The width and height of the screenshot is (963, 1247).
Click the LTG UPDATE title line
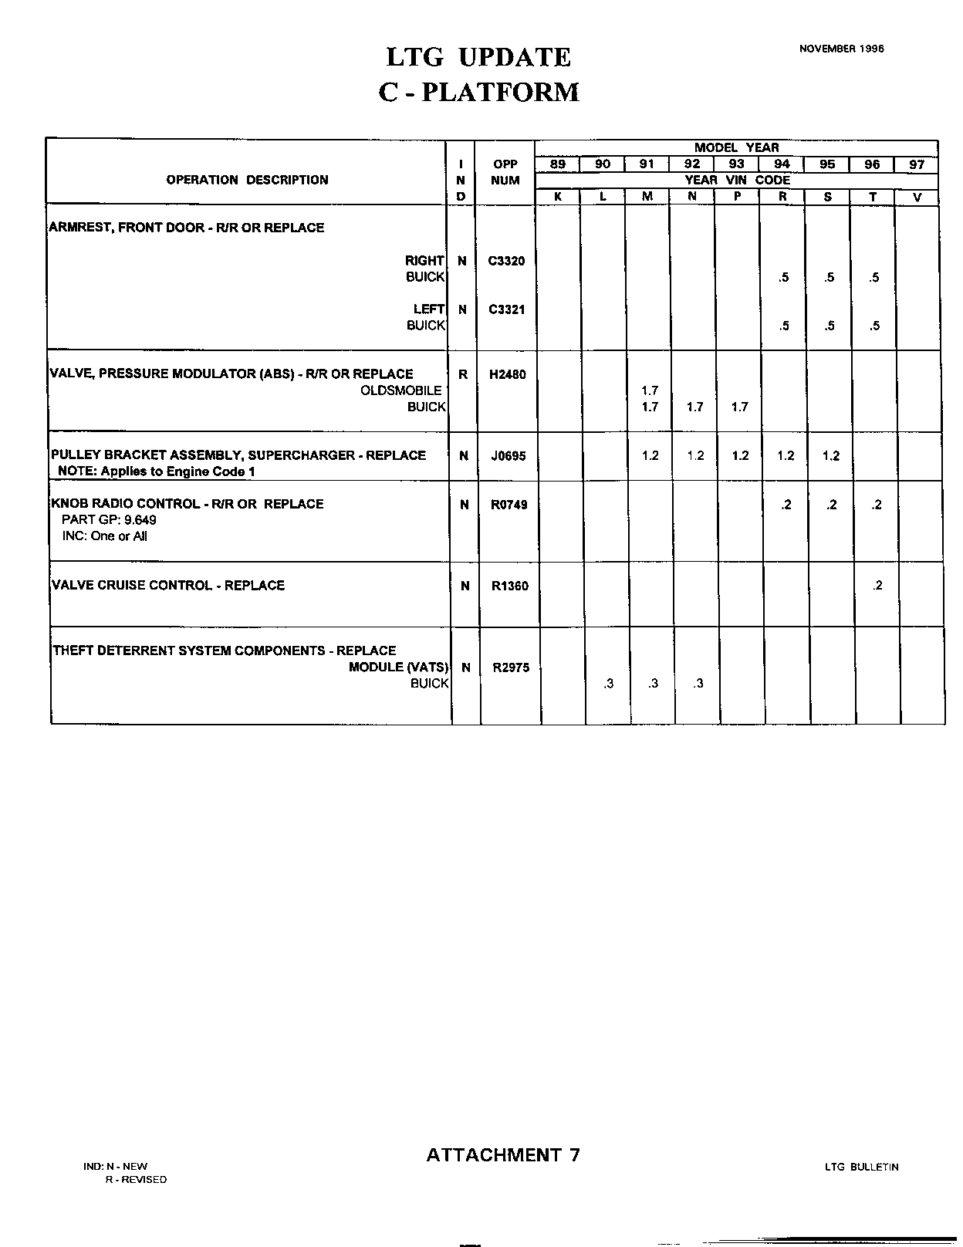coord(478,57)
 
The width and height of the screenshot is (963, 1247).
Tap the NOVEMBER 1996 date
coord(841,48)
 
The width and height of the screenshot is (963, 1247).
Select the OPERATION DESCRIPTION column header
coord(247,180)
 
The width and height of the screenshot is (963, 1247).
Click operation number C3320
coord(506,261)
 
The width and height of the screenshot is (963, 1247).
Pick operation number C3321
coord(506,309)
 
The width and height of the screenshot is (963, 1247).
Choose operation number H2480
coord(507,374)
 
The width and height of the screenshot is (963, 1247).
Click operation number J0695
coord(508,456)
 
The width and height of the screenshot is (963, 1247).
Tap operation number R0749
coord(509,505)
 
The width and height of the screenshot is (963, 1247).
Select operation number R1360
coord(509,586)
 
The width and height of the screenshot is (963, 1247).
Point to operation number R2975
coord(510,667)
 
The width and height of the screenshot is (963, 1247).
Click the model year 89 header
coord(557,164)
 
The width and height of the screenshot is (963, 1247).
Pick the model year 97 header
coord(916,164)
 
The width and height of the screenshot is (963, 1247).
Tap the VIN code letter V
coord(917,197)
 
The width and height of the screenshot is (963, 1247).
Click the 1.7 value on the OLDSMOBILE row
coord(650,390)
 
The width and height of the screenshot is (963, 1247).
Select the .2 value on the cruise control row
coord(877,586)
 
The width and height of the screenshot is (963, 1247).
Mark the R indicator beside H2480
coord(463,374)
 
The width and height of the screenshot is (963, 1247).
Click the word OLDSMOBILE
coord(401,390)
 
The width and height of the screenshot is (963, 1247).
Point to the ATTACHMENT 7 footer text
coord(502,1155)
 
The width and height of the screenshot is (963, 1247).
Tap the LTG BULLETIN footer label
coord(861,1168)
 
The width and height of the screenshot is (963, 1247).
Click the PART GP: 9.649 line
coord(109,520)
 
